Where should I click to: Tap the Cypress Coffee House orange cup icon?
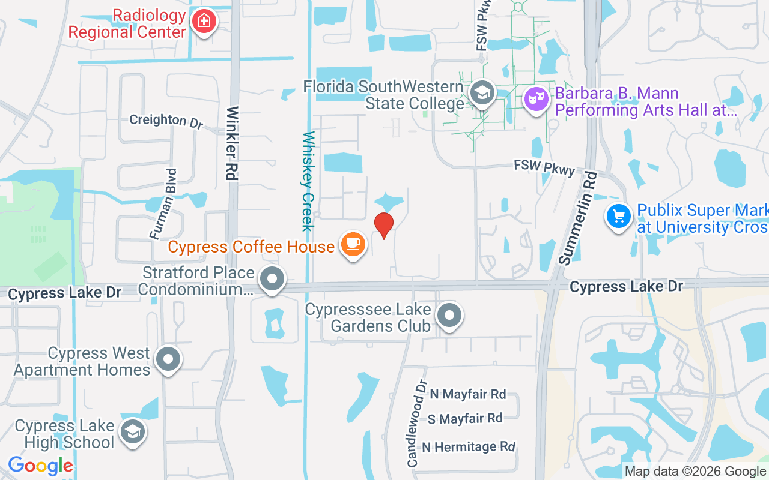[353, 244]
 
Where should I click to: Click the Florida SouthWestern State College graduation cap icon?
[481, 92]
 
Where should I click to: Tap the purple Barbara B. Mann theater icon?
[536, 98]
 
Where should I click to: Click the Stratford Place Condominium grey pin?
[272, 279]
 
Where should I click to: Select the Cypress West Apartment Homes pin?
[168, 359]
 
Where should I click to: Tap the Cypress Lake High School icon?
[132, 431]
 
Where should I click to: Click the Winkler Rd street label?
[232, 143]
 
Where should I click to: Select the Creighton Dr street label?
[166, 120]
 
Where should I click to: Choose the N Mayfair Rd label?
[468, 394]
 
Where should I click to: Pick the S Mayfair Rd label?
[465, 418]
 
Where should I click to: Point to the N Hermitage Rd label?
[469, 447]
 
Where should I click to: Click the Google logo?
[40, 465]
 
